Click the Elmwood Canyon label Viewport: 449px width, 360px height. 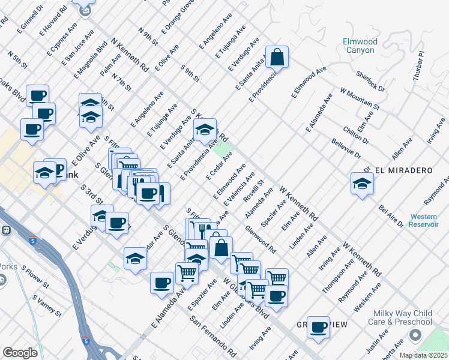point(360,46)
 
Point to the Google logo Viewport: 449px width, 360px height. point(19,353)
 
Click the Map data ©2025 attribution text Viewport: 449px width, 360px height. point(424,355)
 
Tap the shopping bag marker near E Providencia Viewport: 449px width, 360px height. point(277,58)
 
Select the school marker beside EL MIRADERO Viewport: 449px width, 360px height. point(362,184)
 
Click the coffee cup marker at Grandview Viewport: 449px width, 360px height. point(318,328)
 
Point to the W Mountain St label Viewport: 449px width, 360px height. point(360,99)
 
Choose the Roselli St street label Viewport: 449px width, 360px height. point(256,190)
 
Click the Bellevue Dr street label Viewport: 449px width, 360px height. point(346,149)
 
